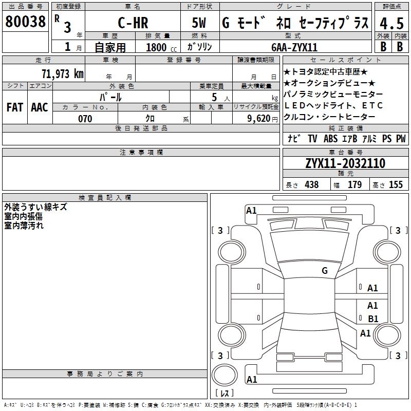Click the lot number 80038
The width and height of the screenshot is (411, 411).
25,21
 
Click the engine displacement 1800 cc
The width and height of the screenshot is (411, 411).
161,47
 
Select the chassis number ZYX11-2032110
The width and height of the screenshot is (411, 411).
345,163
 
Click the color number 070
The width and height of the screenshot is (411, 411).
85,119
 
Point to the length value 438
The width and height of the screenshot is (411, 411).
311,184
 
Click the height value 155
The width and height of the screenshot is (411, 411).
396,184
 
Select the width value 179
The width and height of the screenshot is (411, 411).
354,184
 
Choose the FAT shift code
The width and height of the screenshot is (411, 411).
14,107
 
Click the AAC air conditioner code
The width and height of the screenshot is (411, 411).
40,107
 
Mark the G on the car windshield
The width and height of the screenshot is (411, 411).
325,271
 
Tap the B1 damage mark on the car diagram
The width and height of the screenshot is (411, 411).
373,319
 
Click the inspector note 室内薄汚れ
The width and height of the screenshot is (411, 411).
24,225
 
